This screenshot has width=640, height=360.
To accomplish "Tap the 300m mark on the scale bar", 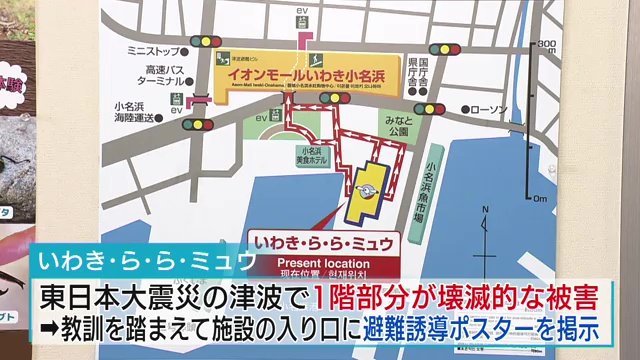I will click(x=545, y=45).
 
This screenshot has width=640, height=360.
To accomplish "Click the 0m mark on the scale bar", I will click(x=539, y=199).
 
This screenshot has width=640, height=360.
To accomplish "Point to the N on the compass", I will click(x=483, y=211).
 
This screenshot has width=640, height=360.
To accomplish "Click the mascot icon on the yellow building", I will click(x=366, y=193).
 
